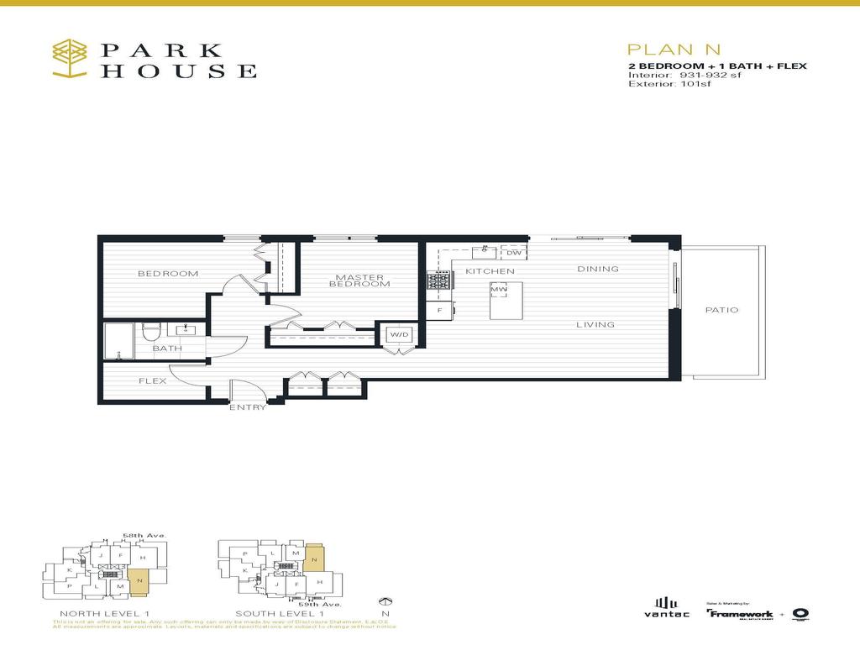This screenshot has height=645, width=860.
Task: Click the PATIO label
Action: coord(721,310)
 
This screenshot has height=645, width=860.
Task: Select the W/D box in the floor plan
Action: coord(398,335)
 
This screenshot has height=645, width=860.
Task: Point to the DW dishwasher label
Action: coord(514,252)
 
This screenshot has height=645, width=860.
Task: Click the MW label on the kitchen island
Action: coord(499,290)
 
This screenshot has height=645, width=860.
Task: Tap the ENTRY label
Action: coord(248,408)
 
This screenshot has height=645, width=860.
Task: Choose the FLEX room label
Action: coord(153,381)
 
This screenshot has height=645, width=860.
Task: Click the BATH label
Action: coord(167,348)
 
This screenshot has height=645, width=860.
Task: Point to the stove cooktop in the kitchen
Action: coord(439,284)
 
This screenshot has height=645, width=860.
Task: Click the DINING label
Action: coord(598,270)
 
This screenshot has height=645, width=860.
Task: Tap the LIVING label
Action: coord(595,324)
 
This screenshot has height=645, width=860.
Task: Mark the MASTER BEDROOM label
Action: coord(359,281)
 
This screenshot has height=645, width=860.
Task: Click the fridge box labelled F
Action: coord(438,311)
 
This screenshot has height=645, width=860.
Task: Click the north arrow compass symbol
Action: coord(386,601)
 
